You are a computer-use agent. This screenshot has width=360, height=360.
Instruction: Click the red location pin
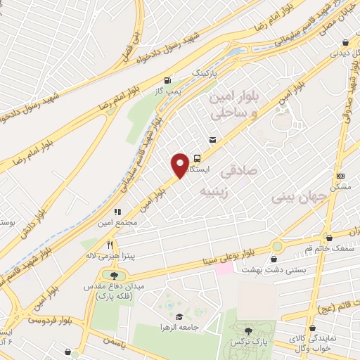(x=181, y=165)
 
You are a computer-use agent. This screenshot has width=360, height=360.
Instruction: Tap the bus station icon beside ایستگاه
(x=198, y=158)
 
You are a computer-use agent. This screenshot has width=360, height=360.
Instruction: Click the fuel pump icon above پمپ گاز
(x=167, y=80)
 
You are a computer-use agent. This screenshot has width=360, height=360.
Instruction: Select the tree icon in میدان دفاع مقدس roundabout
(x=112, y=274)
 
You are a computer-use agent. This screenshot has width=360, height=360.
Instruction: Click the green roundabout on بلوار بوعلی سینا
(x=277, y=246)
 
